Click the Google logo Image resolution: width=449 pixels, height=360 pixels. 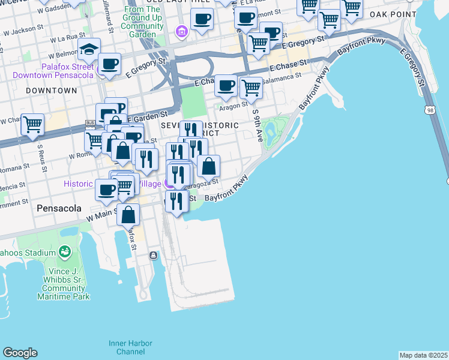(20, 353)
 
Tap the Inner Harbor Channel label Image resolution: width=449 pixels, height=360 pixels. (130, 347)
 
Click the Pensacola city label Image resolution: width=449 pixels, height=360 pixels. (59, 208)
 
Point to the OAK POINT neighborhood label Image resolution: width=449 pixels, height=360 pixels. (393, 14)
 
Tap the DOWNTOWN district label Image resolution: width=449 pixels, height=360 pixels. (52, 91)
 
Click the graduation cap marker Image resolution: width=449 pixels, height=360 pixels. (89, 50)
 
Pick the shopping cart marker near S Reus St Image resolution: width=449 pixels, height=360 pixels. (32, 124)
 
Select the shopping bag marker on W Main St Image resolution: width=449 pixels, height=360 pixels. (128, 214)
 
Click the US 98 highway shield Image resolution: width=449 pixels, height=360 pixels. (429, 110)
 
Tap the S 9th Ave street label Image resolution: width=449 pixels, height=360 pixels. (258, 124)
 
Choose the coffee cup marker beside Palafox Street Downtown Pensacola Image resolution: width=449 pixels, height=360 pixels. (109, 64)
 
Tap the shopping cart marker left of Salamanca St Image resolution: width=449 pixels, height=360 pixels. (251, 87)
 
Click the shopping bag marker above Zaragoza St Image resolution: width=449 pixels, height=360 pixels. (208, 166)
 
